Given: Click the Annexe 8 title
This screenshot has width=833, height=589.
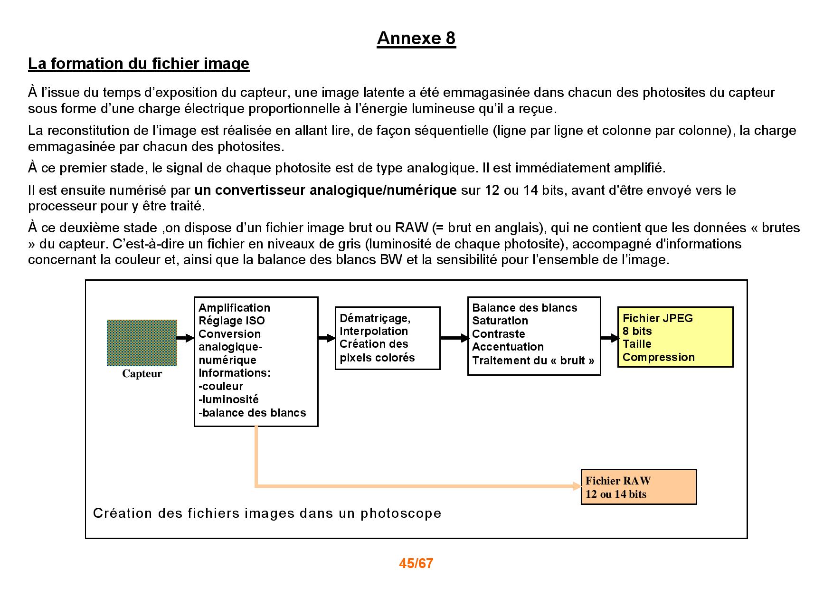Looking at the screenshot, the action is (x=416, y=38).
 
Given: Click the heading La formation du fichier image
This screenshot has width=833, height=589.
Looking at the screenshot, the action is (x=139, y=64).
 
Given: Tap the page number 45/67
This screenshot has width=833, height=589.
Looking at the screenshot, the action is (x=416, y=563).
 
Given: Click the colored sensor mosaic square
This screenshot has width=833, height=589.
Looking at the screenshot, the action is (x=142, y=342).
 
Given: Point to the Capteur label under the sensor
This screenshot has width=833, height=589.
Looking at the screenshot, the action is (x=142, y=374).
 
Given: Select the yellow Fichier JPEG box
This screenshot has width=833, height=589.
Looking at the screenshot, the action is (x=675, y=337).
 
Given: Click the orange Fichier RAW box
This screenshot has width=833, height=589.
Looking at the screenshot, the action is (x=639, y=487).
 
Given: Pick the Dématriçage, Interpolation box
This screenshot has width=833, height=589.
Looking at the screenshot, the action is (x=388, y=338).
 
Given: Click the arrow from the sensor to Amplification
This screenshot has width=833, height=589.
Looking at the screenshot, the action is (x=186, y=338).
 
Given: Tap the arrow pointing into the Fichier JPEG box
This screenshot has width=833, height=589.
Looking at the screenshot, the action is (x=610, y=338).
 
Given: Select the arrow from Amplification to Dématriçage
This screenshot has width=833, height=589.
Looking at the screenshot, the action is (x=327, y=338).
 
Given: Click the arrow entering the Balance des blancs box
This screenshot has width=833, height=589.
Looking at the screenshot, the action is (x=455, y=338).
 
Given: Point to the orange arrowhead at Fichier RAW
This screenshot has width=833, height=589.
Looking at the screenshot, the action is (x=577, y=486).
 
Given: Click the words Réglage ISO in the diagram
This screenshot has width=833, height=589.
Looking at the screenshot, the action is (x=232, y=321).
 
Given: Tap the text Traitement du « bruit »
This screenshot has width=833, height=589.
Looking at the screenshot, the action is (x=533, y=360).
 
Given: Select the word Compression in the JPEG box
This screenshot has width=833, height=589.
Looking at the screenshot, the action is (x=659, y=357).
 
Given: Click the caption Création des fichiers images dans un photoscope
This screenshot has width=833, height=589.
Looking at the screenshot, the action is (x=267, y=513).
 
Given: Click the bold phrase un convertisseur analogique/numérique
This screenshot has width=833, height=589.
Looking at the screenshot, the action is (x=325, y=190).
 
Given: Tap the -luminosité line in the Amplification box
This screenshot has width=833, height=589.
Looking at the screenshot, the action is (x=228, y=399).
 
